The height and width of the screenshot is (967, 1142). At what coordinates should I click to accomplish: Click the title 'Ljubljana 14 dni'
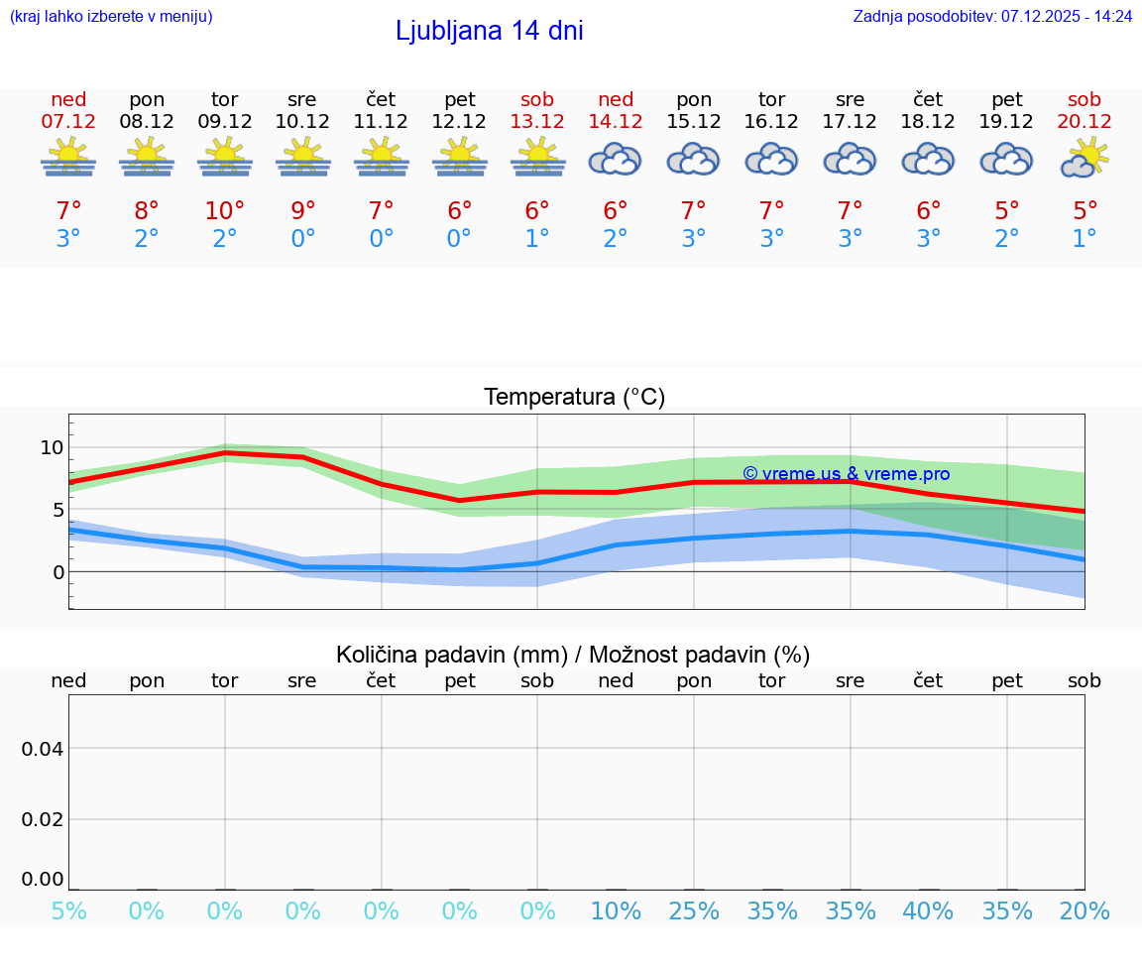click(489, 31)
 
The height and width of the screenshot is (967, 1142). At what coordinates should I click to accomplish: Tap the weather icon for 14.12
click(616, 159)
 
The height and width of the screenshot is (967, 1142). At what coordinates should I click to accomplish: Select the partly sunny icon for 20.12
click(1085, 159)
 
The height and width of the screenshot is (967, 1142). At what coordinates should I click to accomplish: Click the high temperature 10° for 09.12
click(225, 211)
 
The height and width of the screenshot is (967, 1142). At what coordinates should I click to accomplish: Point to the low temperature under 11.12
click(381, 239)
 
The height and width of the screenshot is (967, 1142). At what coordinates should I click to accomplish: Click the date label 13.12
click(537, 121)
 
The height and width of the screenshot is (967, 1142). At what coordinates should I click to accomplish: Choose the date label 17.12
click(850, 121)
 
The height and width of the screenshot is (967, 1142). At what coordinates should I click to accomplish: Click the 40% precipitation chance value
click(928, 910)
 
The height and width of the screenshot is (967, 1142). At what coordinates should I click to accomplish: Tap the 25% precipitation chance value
click(694, 910)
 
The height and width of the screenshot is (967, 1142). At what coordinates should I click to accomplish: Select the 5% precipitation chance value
click(68, 910)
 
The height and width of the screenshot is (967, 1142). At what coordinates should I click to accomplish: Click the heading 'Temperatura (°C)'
click(574, 398)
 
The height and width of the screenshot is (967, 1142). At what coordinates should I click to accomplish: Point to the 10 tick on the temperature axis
click(52, 447)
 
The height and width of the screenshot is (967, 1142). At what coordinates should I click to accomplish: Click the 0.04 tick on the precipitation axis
click(43, 749)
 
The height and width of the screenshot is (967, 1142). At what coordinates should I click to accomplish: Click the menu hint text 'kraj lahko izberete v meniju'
click(111, 16)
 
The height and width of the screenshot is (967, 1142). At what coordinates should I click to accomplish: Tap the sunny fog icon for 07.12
click(68, 159)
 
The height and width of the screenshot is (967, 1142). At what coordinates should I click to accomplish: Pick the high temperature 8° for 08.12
click(147, 211)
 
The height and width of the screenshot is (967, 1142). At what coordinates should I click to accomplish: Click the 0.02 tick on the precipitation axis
click(43, 819)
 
